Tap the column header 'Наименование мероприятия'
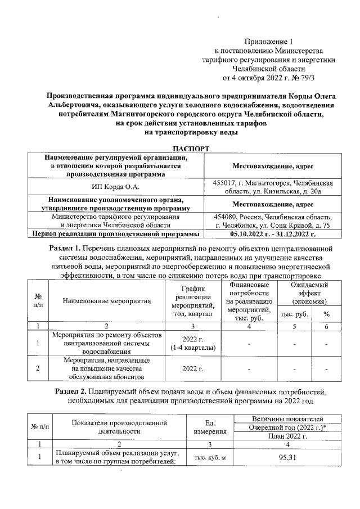pyautogui.click(x=107, y=300)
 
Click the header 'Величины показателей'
pyautogui.click(x=287, y=419)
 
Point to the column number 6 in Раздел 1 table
pyautogui.click(x=326, y=326)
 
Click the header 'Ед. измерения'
pyautogui.click(x=210, y=427)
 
